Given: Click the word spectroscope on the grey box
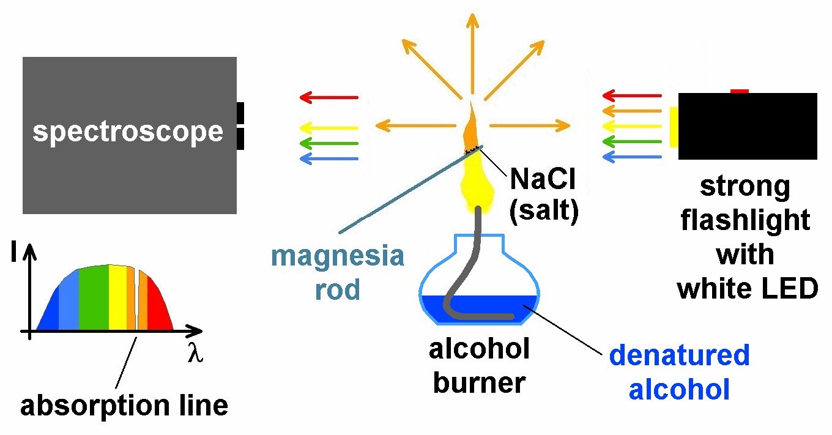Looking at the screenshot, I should pyautogui.click(x=128, y=132).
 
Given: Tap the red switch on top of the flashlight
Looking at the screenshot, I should pyautogui.click(x=740, y=91).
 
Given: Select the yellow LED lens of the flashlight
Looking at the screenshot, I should pyautogui.click(x=674, y=127).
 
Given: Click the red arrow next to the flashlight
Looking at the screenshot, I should pyautogui.click(x=631, y=95).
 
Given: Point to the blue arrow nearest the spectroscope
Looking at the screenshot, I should pyautogui.click(x=329, y=159).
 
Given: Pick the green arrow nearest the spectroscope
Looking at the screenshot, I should pyautogui.click(x=329, y=144).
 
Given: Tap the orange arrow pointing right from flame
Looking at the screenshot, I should pyautogui.click(x=530, y=126).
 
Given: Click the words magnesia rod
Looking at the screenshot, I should pyautogui.click(x=338, y=272).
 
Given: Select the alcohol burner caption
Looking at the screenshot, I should pyautogui.click(x=479, y=366).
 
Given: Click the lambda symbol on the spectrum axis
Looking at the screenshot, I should pyautogui.click(x=195, y=354).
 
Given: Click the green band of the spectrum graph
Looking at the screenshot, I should pyautogui.click(x=94, y=300).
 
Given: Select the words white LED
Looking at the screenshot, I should pyautogui.click(x=748, y=288).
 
